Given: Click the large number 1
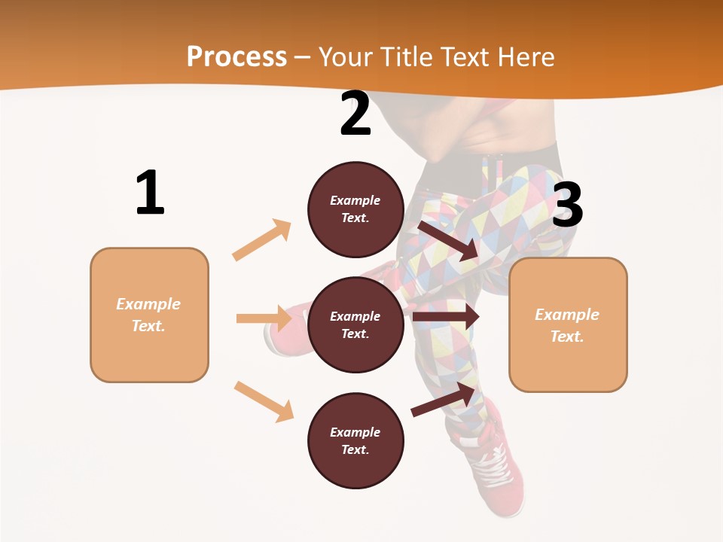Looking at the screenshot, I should pos(150,193).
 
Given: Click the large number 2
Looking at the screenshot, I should pos(355,114).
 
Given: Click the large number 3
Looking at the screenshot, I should pos(567,205).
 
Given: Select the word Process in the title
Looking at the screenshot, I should pos(236,57).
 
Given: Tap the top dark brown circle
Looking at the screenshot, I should pos(355,209).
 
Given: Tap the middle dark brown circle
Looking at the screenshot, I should pos(355,324).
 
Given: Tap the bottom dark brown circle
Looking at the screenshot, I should pos(355,440).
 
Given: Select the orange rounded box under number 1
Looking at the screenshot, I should pos(149,315).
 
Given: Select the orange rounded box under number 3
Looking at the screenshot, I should pos(568,325).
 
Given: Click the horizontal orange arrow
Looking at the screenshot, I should pos(264,318).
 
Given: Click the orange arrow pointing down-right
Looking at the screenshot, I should pos(264,401).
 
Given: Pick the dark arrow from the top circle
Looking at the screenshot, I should pos(448,240).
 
